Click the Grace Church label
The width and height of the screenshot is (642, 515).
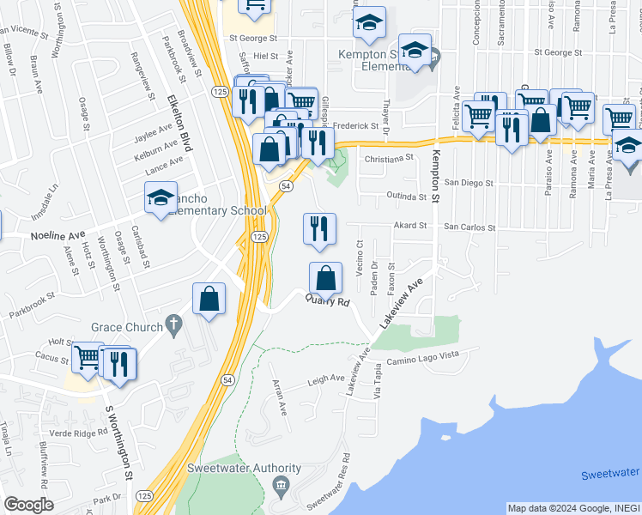127,327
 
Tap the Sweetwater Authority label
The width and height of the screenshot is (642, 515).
245,469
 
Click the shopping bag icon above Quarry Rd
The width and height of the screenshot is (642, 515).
325,278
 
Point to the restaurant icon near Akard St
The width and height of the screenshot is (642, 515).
319,229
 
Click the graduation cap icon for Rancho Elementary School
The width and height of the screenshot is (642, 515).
160,198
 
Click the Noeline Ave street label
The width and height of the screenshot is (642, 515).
58,234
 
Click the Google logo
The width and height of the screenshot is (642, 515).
28,505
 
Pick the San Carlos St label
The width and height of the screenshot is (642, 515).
469,227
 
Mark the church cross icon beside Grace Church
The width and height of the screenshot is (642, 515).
173,325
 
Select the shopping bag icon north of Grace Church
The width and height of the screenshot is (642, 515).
209,299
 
